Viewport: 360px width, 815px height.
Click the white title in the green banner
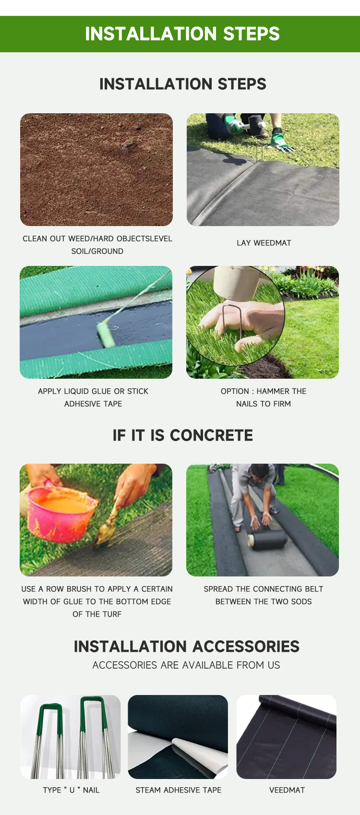coord(182,34)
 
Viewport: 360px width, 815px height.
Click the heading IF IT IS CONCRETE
coord(183,435)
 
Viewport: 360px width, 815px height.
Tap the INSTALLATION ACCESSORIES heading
coord(186,647)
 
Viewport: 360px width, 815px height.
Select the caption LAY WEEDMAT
coord(264,243)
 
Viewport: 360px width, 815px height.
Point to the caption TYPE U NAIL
coord(71,790)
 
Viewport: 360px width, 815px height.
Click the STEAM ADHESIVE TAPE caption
coord(179,790)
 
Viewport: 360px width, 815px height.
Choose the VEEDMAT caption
coord(287,790)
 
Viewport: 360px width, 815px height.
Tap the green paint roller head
coord(106,334)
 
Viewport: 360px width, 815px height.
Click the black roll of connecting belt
coord(267,539)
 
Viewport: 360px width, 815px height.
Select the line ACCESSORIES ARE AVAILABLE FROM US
coord(186,665)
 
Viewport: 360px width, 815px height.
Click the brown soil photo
coord(96,169)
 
